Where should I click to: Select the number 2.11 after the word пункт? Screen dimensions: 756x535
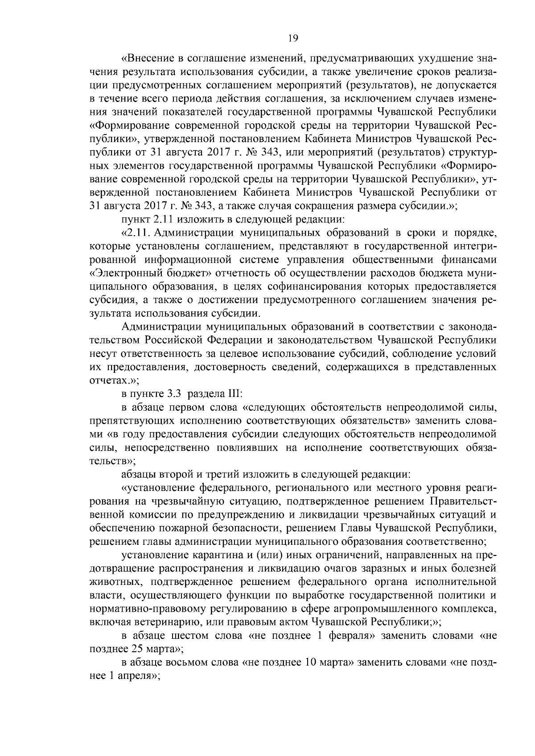(169, 219)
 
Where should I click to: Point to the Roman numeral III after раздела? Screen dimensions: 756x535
(235, 394)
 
